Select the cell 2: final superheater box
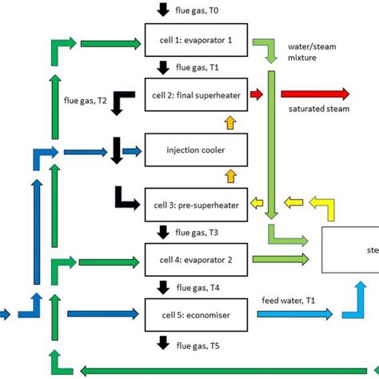tap(197, 94)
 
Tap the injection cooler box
tap(197, 148)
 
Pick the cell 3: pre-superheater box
tap(197, 202)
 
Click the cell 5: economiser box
tap(197, 314)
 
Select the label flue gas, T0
tap(196, 9)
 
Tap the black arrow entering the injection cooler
tap(118, 148)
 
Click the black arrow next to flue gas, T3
tap(163, 232)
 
